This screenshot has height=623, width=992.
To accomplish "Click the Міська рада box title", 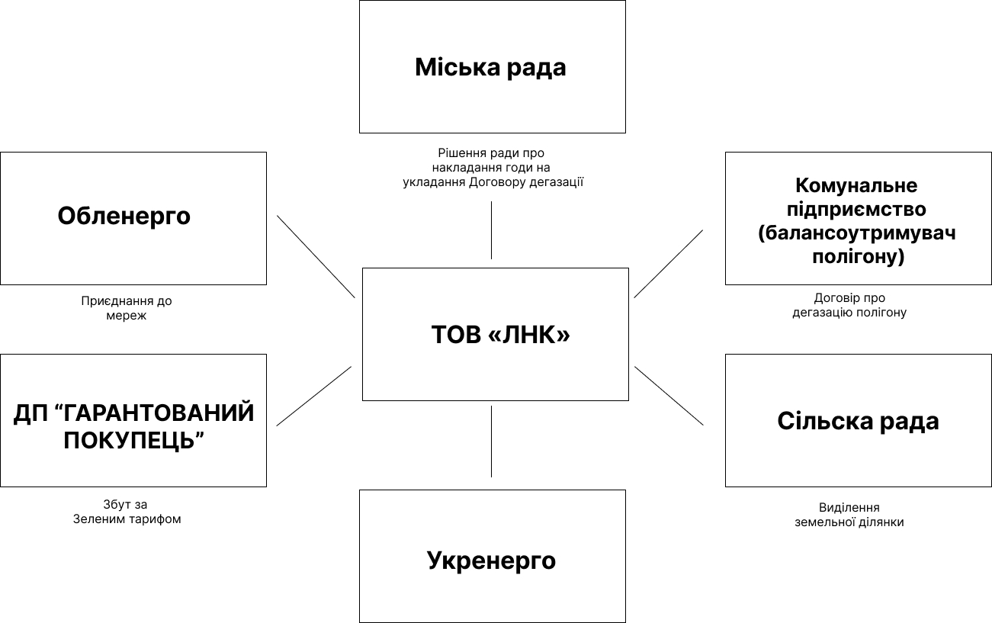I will pos(490,67).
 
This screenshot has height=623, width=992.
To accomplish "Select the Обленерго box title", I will pos(124,216).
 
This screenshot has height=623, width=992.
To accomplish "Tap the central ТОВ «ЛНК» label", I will pos(501,334).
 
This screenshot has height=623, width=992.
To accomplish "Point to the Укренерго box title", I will pos(491,560).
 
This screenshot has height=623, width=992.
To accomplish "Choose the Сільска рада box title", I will pos(858,421).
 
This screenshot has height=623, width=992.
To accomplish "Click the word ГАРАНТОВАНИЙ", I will pos(156,413).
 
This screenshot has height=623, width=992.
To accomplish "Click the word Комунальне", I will pos(856,185).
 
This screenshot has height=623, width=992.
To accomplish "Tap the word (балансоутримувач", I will pos(856,233).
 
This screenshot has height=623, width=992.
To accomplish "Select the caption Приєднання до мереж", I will pos(127,308).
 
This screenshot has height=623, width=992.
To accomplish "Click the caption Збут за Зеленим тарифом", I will pos(127,512).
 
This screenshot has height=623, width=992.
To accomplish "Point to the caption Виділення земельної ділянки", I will pos(849,515).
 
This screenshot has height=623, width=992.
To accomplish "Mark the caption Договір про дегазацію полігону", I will pos(849,305).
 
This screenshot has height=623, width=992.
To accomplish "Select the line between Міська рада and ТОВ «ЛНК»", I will pos(491,230).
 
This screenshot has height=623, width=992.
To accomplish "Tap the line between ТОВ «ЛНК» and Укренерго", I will pos(491,442).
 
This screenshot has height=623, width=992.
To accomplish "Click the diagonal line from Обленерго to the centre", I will pos(316,256).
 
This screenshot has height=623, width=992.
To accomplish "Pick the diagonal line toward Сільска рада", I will pos(669,396).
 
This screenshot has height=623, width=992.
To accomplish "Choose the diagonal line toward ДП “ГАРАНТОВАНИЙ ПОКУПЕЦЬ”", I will pos(313,396).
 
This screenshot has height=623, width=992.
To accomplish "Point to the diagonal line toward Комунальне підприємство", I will pos(668,264).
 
